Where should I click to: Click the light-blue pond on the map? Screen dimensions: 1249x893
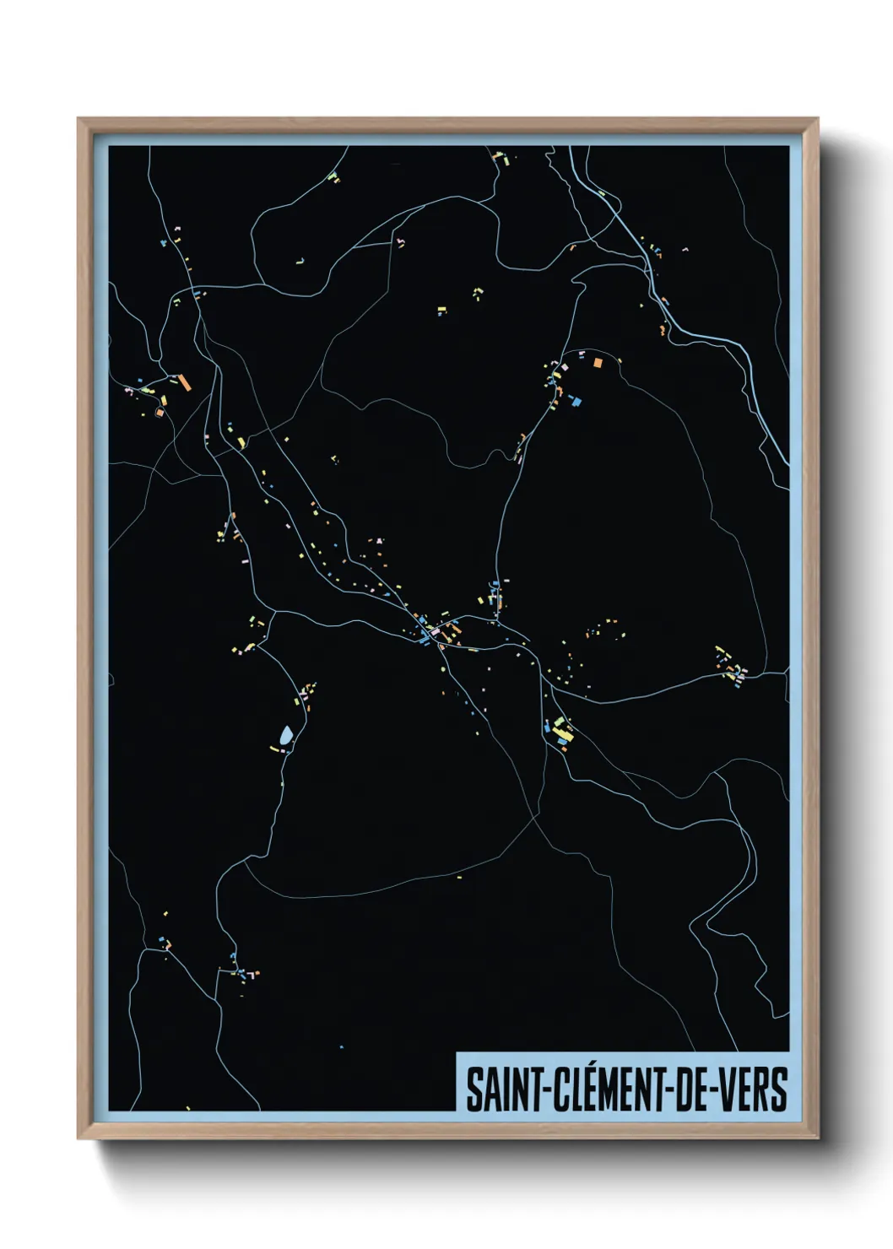click(287, 736)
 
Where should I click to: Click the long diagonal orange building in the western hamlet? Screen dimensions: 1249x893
click(185, 382)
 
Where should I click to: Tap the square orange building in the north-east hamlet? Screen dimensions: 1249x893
click(598, 363)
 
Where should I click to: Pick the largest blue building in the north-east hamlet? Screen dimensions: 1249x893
click(577, 402)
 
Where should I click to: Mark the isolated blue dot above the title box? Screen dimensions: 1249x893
click(341, 1046)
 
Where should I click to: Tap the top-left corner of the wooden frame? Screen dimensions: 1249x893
click(79, 120)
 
